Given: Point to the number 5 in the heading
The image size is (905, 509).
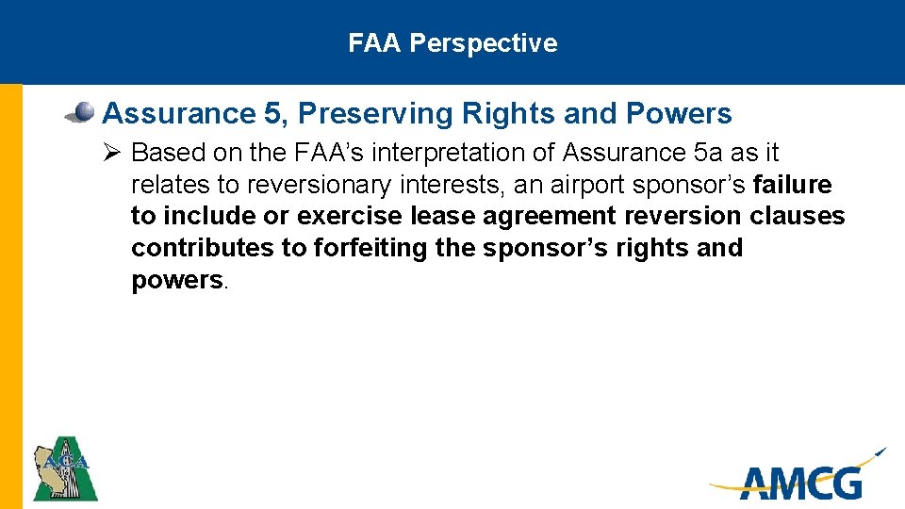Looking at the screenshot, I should pos(273,114).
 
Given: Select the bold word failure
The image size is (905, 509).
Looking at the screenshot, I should pos(793,185).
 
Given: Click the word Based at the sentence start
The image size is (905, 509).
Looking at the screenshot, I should pos(161,153).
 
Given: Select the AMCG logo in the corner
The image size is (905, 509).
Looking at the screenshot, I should pos(799,479).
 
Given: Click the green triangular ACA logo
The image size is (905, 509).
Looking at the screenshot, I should pos(64,468).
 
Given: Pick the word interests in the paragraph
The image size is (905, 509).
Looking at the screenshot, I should pos(454,185).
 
